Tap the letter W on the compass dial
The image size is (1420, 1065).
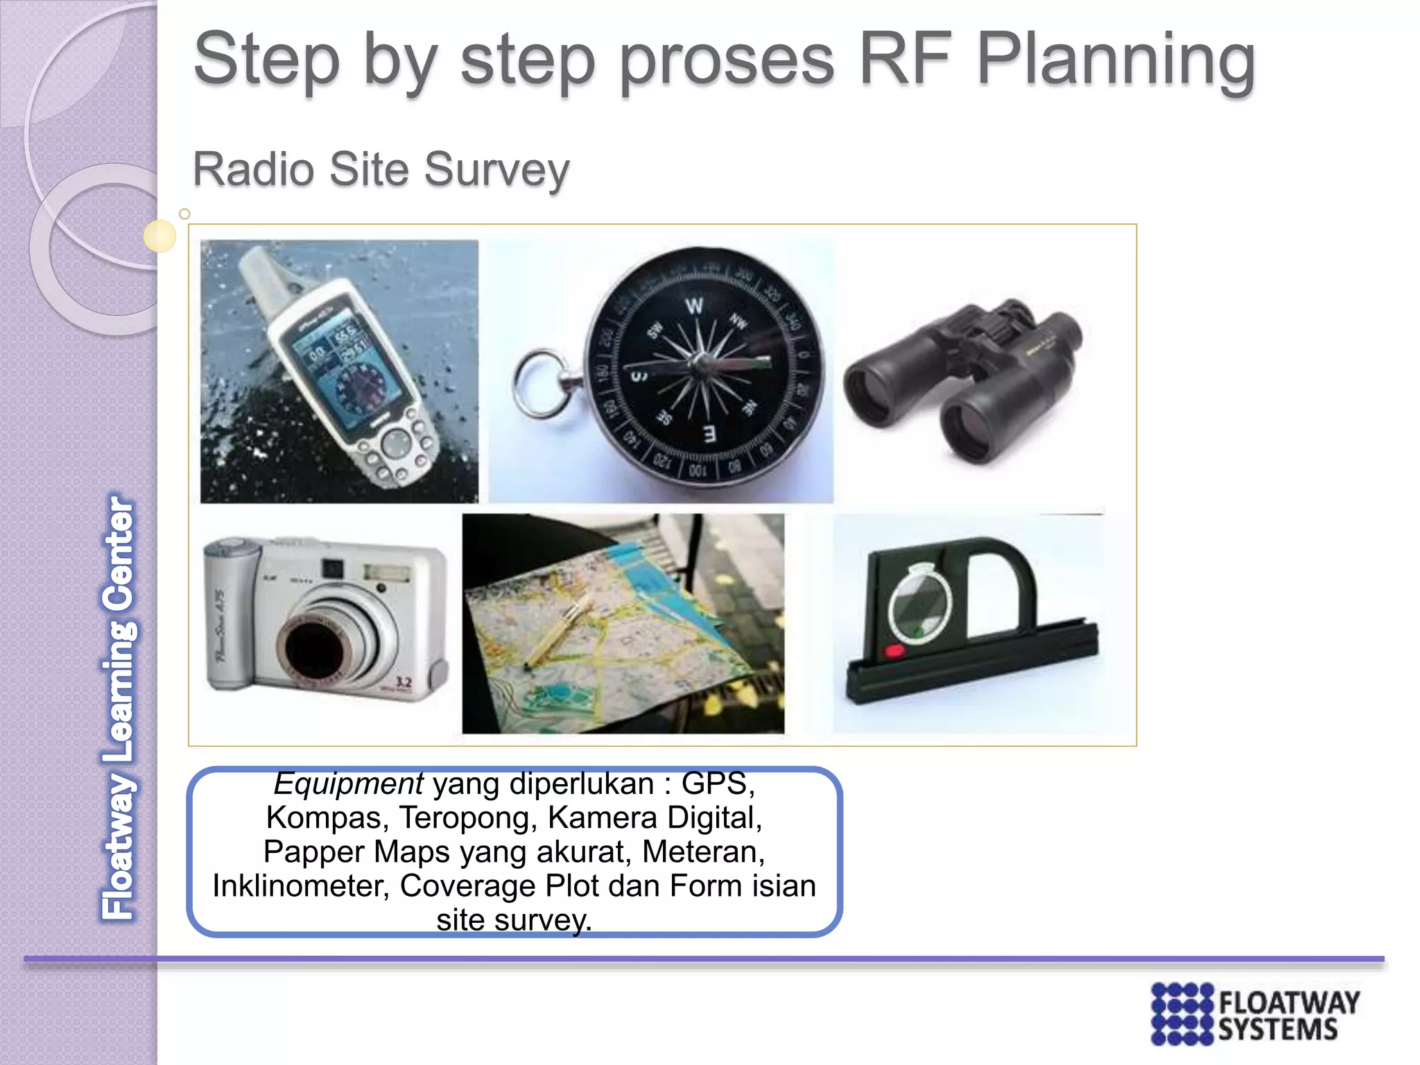(694, 306)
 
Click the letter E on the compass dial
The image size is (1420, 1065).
(709, 435)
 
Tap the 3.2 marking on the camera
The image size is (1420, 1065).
(403, 682)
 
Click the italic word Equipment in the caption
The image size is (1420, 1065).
(348, 784)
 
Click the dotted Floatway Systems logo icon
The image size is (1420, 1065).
(1181, 1013)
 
